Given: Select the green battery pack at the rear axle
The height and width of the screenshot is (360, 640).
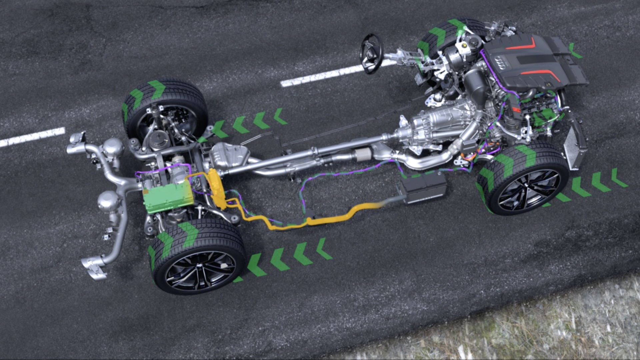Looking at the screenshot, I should pos(168,198).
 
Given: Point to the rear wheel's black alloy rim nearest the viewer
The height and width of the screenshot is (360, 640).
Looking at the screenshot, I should pos(200,270).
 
